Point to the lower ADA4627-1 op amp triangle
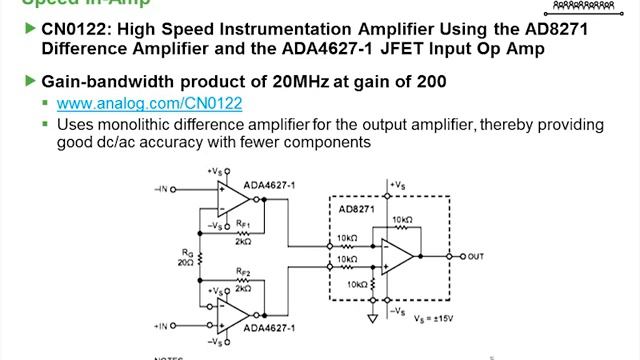(x=233, y=319)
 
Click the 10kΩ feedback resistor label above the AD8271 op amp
(x=402, y=220)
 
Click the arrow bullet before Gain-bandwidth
(x=28, y=80)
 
